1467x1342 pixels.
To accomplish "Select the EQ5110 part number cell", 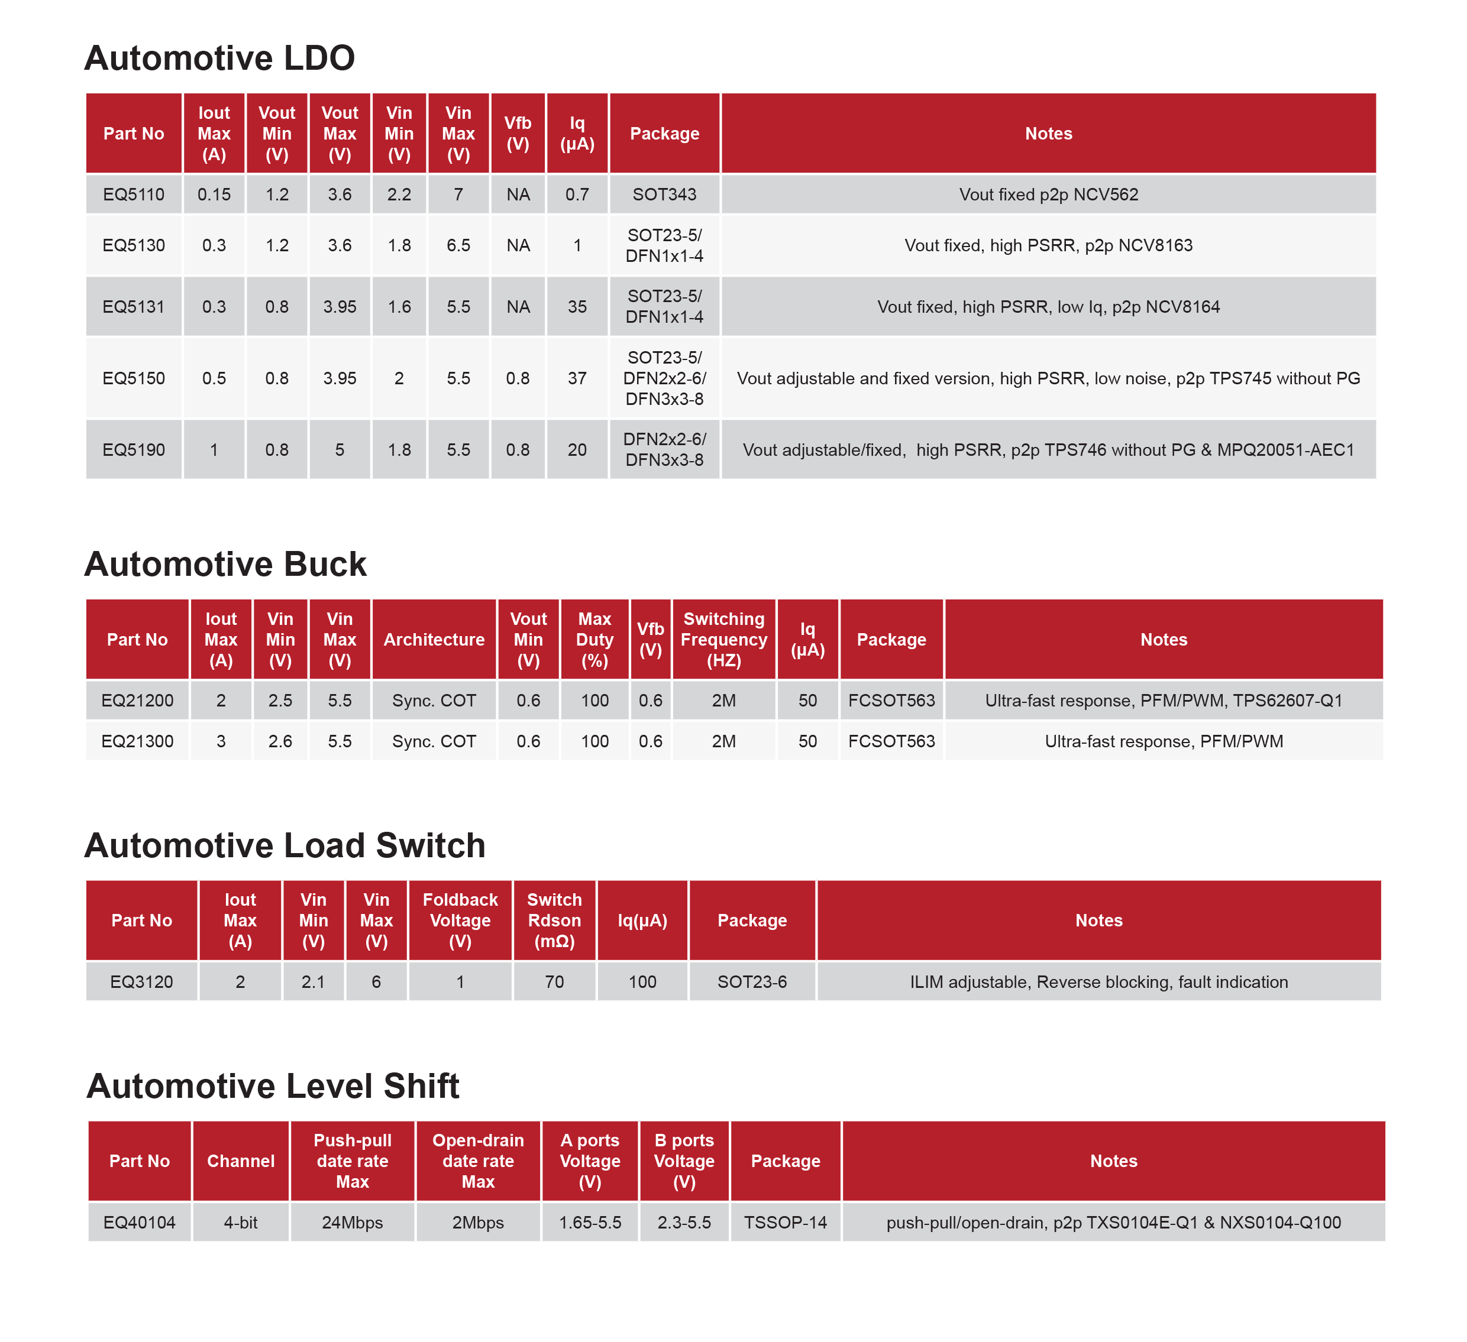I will pos(134,195).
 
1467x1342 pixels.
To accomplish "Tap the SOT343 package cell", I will pos(664,195).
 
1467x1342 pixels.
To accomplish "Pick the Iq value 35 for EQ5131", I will pos(577,306).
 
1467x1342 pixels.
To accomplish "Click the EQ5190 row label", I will pos(134,449).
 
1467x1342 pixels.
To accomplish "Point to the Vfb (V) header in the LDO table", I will pos(518,133).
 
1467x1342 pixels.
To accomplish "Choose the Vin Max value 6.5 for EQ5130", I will pos(458,245).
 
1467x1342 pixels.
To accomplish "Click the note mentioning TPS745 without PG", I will pos(1048,378).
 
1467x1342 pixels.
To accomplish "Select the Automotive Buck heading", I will pos(225,565).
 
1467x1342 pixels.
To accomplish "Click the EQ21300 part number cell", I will pos(137,741).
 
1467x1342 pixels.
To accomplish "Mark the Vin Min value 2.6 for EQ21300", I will pos(280,741).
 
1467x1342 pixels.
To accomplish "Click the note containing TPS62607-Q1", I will pos(1163,701).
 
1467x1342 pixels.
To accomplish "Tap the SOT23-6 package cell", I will pos(752,982).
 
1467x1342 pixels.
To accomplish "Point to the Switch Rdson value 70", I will pos(554,982).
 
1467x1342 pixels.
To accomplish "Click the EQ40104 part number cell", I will pos(139,1222).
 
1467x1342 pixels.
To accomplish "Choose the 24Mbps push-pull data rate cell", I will pos(352,1222).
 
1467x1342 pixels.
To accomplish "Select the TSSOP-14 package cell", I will pos(785,1222).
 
